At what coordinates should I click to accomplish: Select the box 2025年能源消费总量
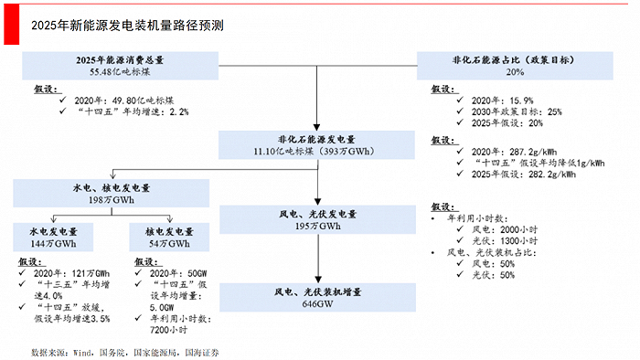point(121,65)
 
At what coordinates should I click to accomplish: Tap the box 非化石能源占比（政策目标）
point(516,65)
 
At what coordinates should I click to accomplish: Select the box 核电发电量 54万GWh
point(171,238)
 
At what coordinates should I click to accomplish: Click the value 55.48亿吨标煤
point(121,70)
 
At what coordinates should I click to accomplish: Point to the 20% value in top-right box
point(516,71)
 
